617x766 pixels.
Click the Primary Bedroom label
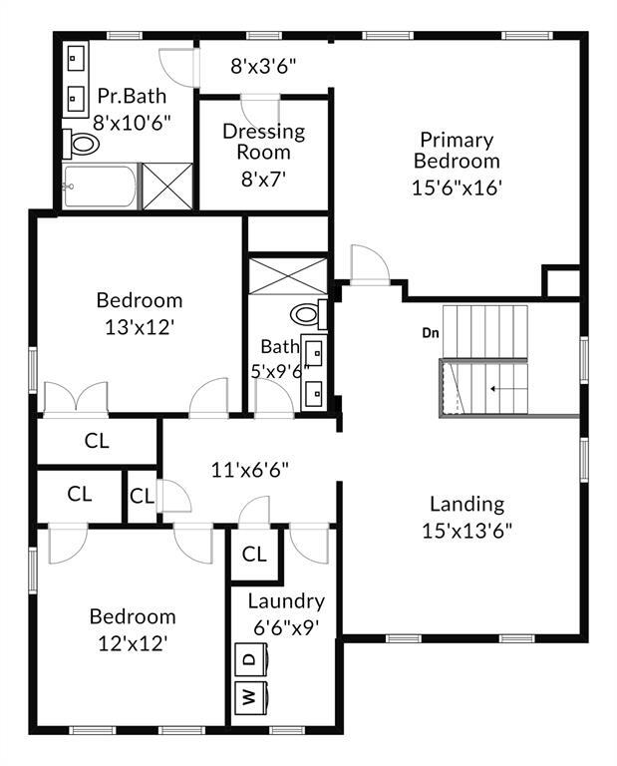coord(457,150)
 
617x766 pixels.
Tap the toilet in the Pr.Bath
coord(83,145)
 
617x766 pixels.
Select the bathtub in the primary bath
coord(100,187)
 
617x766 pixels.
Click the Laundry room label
coord(286,601)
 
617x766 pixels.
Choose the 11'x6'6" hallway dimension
coord(249,469)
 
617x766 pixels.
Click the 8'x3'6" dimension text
coord(264,67)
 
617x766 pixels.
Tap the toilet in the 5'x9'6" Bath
coord(306,316)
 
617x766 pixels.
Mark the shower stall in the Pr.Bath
coord(165,186)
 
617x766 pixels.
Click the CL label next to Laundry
coord(254,555)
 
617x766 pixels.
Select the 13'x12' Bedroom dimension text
coord(140,326)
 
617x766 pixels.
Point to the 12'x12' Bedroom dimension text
coord(133,643)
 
